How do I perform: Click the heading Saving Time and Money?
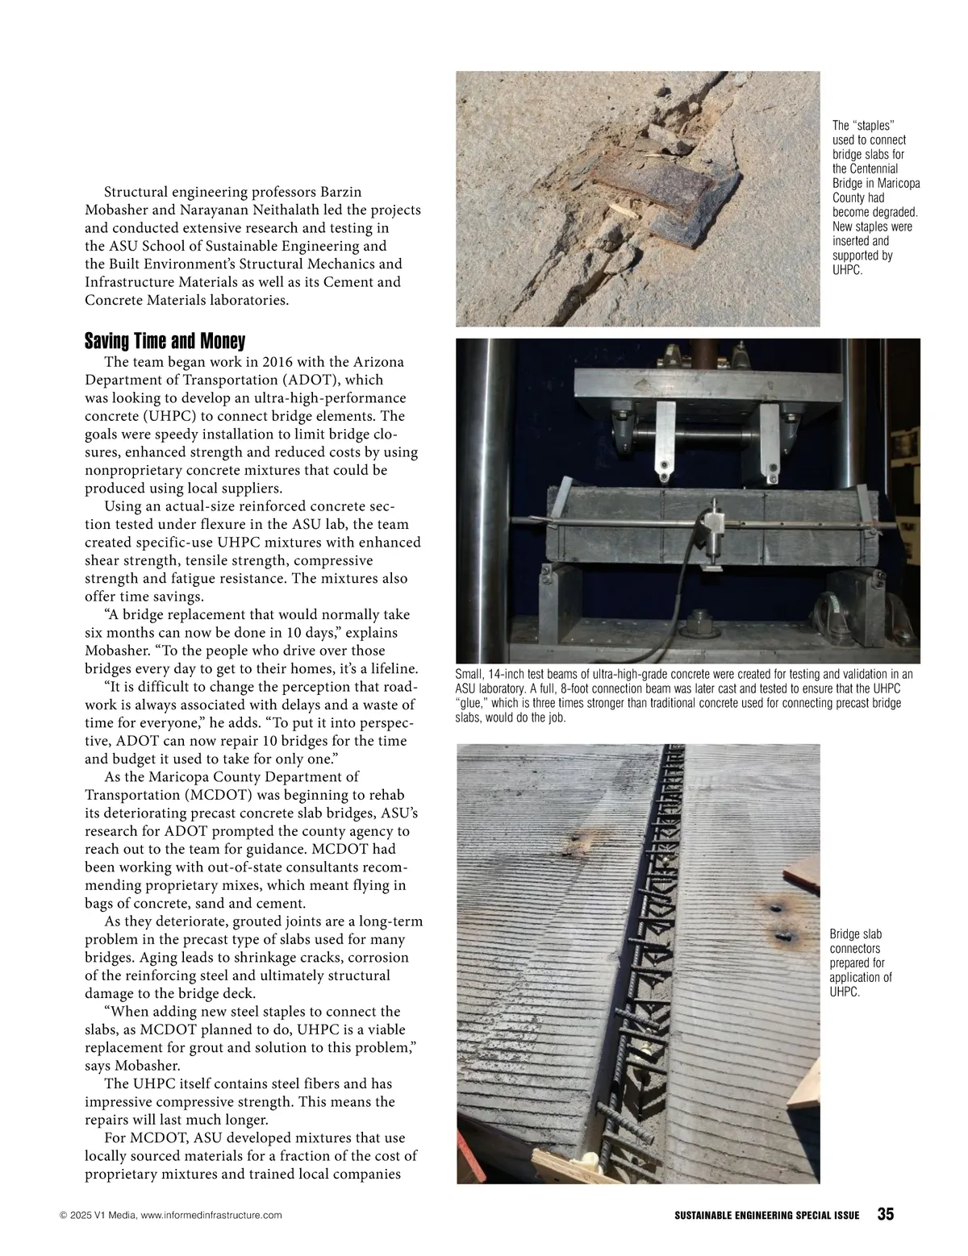pyautogui.click(x=165, y=340)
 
